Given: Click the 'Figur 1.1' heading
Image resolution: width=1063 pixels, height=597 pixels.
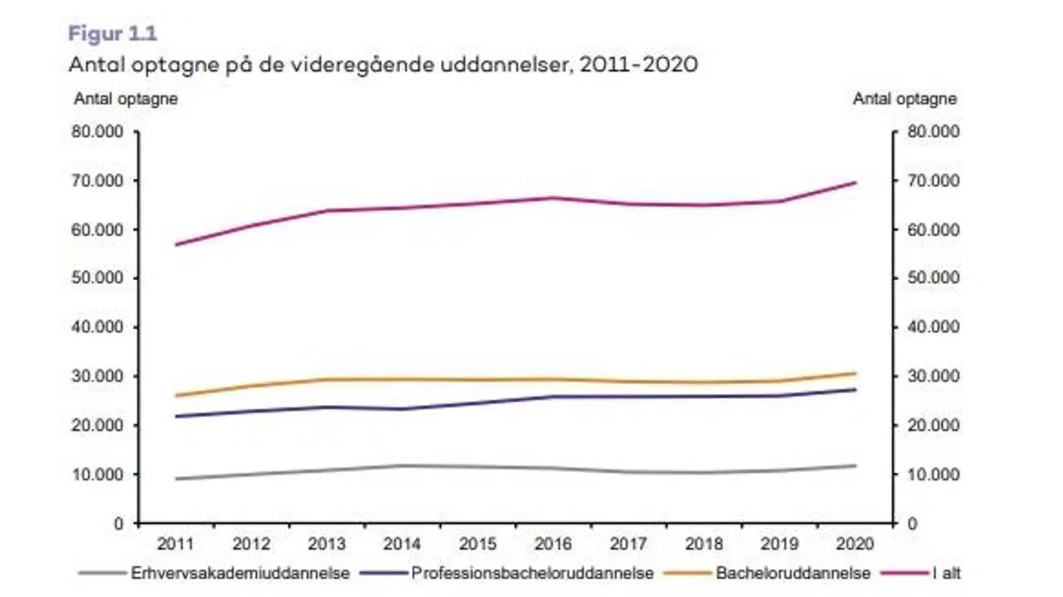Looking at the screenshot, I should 112,33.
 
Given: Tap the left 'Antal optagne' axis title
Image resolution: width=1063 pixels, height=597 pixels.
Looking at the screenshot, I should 125,99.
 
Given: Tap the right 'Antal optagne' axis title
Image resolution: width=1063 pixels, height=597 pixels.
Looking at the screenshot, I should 905,99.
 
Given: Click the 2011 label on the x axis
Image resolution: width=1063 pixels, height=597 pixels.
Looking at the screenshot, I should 176,545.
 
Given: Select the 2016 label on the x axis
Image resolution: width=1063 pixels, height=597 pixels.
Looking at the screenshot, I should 553,545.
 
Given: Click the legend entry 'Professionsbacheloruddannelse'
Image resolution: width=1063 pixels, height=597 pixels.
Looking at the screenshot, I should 532,573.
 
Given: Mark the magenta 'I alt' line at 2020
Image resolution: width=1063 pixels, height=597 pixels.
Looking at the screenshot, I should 856,182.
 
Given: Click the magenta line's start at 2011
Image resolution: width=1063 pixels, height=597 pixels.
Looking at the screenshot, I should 176,245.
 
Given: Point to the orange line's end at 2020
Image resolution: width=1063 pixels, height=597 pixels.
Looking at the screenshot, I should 856,373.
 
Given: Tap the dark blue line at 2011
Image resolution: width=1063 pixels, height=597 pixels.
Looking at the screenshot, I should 176,416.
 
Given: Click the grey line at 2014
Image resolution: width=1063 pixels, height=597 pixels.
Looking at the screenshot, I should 402,465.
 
